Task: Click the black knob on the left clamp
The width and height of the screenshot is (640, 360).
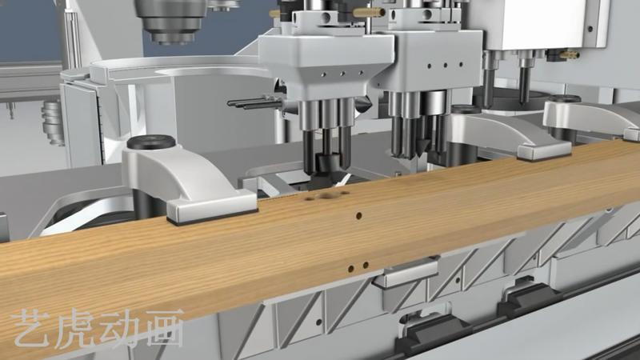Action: [x=151, y=142]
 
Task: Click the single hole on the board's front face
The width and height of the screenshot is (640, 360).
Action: [x=358, y=215]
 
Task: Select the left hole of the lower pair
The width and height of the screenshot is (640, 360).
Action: [x=350, y=269]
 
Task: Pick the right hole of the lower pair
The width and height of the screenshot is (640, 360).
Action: [x=366, y=266]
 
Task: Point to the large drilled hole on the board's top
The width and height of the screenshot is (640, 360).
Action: [x=327, y=196]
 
